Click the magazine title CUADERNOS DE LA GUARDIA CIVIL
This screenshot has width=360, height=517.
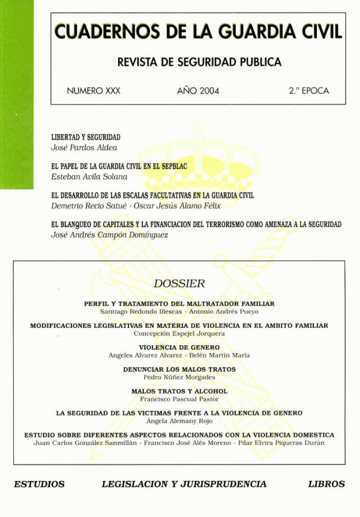[x=198, y=31]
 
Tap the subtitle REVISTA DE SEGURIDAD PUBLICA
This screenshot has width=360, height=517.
[x=197, y=62]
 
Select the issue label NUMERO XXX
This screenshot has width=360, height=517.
[x=94, y=91]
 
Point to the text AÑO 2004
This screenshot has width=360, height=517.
[x=198, y=91]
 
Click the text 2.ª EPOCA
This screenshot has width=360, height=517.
[x=309, y=91]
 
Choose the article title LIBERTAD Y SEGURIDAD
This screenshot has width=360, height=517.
[x=86, y=138]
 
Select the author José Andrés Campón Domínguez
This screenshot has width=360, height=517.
[x=110, y=235]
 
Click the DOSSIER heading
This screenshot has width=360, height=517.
[x=179, y=283]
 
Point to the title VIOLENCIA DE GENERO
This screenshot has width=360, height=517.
[x=179, y=347]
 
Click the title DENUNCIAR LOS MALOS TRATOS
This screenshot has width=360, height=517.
[x=179, y=369]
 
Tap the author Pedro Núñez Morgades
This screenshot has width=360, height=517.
[x=179, y=377]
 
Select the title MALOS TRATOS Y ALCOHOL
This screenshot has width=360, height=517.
[x=179, y=391]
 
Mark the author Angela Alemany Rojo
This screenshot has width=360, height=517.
[x=179, y=421]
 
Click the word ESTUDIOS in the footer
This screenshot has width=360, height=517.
[x=39, y=483]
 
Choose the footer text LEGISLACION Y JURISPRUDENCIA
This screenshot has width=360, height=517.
[x=184, y=483]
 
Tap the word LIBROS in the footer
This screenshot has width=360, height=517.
[x=326, y=483]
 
